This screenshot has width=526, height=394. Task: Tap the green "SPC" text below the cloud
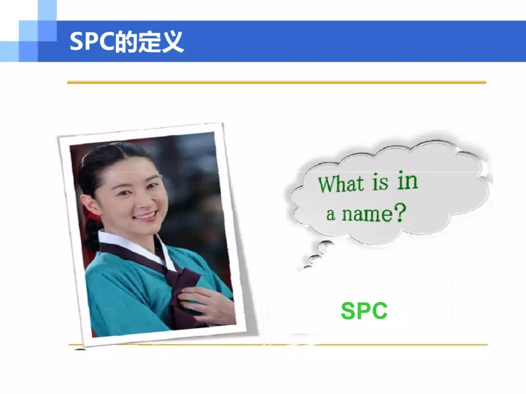pyautogui.click(x=364, y=310)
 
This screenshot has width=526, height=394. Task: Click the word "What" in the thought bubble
pyautogui.click(x=341, y=183)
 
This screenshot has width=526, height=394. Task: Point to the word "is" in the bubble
pyautogui.click(x=380, y=183)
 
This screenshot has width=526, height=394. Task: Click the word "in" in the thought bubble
pyautogui.click(x=408, y=181)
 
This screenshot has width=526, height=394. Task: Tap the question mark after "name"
pyautogui.click(x=399, y=213)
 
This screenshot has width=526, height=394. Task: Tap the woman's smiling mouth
pyautogui.click(x=146, y=216)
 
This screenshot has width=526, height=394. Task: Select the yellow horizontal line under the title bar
pyautogui.click(x=277, y=82)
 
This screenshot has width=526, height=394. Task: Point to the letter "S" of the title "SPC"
pyautogui.click(x=76, y=41)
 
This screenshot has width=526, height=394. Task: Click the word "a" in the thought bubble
pyautogui.click(x=331, y=214)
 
